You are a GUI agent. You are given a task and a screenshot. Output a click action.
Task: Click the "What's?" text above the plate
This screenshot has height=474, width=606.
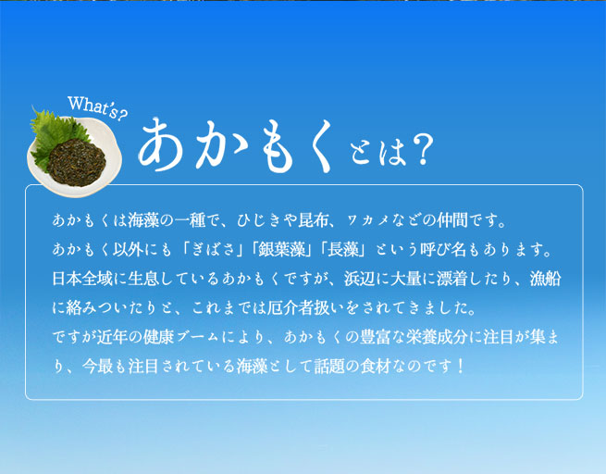97,108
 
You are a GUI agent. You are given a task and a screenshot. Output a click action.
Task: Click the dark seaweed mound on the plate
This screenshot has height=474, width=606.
76,162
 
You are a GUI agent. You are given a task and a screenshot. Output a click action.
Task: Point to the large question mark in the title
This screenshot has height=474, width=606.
420,151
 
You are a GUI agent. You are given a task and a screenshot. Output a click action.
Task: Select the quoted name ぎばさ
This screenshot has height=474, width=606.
213,249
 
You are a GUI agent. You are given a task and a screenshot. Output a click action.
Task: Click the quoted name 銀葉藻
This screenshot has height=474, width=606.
281,249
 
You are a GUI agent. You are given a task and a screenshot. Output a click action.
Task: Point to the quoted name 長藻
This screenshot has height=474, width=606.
343,249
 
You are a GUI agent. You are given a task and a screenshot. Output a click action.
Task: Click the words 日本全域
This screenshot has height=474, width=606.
82,279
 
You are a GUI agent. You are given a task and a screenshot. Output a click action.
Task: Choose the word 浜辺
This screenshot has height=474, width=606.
359,279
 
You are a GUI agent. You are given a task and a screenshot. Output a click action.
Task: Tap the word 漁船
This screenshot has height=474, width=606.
545,279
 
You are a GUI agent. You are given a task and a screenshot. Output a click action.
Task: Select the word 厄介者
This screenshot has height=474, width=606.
290,307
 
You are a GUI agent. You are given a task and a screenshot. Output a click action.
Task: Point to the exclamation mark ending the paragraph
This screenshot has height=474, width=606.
460,366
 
